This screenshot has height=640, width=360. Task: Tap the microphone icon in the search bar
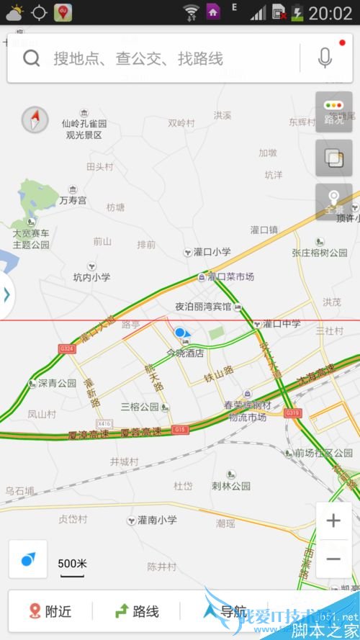pyautogui.click(x=325, y=58)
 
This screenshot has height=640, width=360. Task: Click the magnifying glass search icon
pyautogui.click(x=31, y=58)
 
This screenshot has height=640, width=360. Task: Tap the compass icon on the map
pyautogui.click(x=35, y=120)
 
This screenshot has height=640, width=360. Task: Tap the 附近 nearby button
pyautogui.click(x=50, y=611)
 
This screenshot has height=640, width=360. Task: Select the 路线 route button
pyautogui.click(x=137, y=611)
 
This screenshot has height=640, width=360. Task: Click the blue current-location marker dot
pyautogui.click(x=179, y=333)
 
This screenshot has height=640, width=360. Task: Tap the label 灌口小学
pyautogui.click(x=212, y=252)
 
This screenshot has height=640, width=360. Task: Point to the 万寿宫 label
pyautogui.click(x=72, y=199)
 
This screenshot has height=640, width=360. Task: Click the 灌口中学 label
pyautogui.click(x=282, y=324)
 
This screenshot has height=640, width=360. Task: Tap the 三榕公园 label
pyautogui.click(x=140, y=407)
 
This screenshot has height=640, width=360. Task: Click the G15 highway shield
pyautogui.click(x=180, y=430)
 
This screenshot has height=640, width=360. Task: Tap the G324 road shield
pyautogui.click(x=67, y=349)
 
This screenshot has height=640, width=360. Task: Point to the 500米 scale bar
pyautogui.click(x=72, y=565)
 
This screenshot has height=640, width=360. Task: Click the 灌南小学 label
pyautogui.click(x=157, y=520)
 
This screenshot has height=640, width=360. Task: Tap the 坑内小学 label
pyautogui.click(x=92, y=277)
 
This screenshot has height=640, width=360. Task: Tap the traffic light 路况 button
pyautogui.click(x=333, y=112)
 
